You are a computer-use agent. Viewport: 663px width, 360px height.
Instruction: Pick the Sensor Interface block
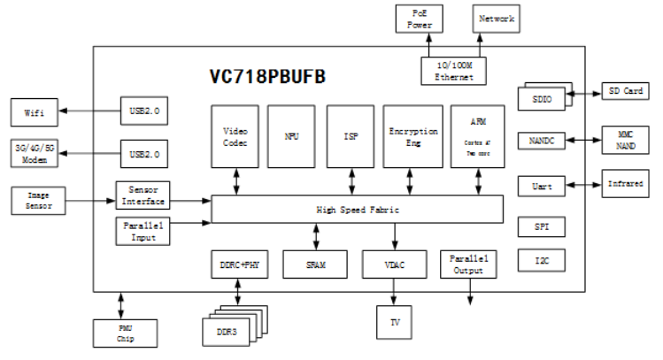point(143,195)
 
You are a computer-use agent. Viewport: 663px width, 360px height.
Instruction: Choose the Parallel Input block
point(143,230)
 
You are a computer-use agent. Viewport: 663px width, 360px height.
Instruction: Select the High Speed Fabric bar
point(353,210)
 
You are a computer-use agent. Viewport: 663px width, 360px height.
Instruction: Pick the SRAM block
point(316,264)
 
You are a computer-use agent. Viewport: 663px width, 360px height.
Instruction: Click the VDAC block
point(396,264)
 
